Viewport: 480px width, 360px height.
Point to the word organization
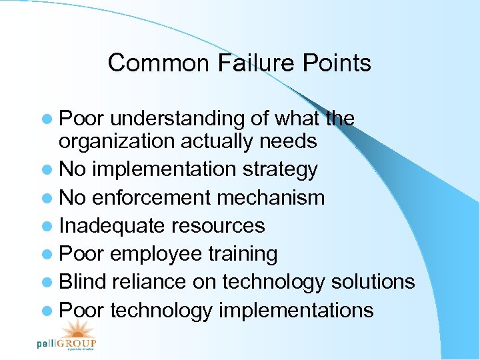tap(117, 142)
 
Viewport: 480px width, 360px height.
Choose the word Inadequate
tap(111, 225)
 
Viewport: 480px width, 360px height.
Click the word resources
tap(218, 225)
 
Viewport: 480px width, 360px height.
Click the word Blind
tap(82, 282)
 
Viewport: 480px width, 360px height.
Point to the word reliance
tap(149, 282)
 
